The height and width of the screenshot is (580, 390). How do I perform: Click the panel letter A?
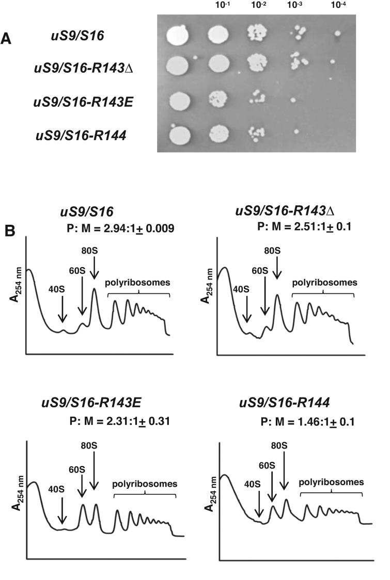coord(7,39)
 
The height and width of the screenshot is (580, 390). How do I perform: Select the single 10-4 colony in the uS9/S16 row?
coord(337,35)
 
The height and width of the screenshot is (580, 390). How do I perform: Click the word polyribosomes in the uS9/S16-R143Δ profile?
coord(324,282)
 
